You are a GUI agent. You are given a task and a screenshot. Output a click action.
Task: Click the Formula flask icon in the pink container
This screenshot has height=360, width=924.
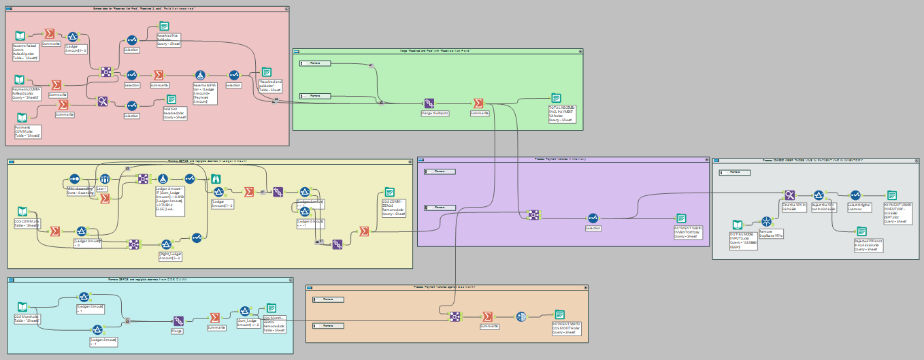pos(200,74)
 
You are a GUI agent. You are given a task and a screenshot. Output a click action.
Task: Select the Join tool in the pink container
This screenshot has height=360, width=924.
pos(106,71)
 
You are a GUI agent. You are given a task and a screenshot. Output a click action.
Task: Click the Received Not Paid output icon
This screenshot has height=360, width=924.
pos(154,26)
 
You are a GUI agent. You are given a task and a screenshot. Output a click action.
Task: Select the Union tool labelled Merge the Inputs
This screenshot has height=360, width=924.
pos(429,103)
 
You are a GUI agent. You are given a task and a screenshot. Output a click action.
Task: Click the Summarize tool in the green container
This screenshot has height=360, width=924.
pos(478,103)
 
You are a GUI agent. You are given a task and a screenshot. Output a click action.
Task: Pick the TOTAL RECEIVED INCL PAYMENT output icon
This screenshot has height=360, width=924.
pos(557,97)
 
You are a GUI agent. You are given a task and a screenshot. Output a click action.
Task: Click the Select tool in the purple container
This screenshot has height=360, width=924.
pos(593,218)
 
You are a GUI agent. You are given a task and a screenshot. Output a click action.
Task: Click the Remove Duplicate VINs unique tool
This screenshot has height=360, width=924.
pos(766,221)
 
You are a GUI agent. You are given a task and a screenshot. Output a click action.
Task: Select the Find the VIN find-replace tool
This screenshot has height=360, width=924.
pos(789,195)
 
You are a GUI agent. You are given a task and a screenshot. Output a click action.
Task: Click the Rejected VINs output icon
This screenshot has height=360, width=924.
pos(862,231)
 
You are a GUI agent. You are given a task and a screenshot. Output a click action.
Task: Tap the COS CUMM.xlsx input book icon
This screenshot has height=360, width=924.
pos(22,212)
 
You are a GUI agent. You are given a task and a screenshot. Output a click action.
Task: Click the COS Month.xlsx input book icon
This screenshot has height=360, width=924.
pos(22,307)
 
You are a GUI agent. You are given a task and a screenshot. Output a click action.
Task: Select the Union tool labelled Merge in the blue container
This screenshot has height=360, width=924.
pos(178,321)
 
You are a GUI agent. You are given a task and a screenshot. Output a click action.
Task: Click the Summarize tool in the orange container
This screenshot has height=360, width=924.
pos(487,316)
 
